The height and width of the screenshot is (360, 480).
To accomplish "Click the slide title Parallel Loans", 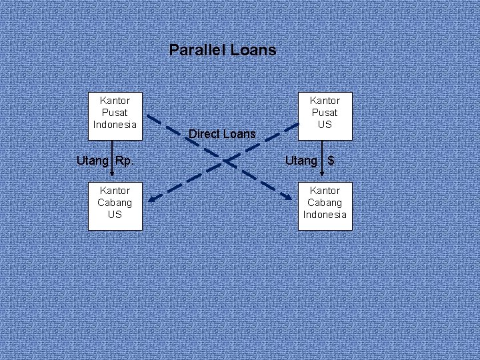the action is coord(222,50).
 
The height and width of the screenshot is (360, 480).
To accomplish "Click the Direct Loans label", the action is coord(222,134).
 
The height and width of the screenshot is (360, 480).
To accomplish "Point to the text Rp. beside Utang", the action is coord(125,161).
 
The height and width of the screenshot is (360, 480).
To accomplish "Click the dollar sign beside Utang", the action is coord(331,161).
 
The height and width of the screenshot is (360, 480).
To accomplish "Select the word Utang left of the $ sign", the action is coord(301,161).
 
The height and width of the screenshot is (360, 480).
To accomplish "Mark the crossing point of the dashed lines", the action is coord(227,161).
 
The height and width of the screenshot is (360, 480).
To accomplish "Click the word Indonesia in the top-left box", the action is coord(115,125).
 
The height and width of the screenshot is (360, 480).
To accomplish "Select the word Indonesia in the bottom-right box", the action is coord(325,215).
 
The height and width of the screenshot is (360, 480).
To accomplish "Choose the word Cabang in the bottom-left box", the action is coord(115,203).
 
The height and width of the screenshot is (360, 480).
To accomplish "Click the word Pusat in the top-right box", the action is coord(325,113).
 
